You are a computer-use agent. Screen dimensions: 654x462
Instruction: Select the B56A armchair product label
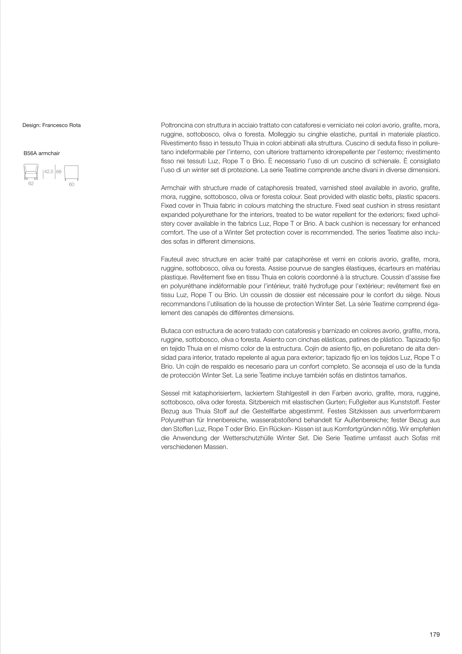42,153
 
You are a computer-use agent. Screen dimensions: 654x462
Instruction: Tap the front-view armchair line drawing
31,172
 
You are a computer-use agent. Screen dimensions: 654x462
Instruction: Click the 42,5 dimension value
49,172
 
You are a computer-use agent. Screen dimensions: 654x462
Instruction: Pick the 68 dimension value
59,172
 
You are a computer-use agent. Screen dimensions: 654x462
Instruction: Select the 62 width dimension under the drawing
31,184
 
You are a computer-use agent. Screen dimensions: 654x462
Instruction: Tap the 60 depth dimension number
72,185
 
